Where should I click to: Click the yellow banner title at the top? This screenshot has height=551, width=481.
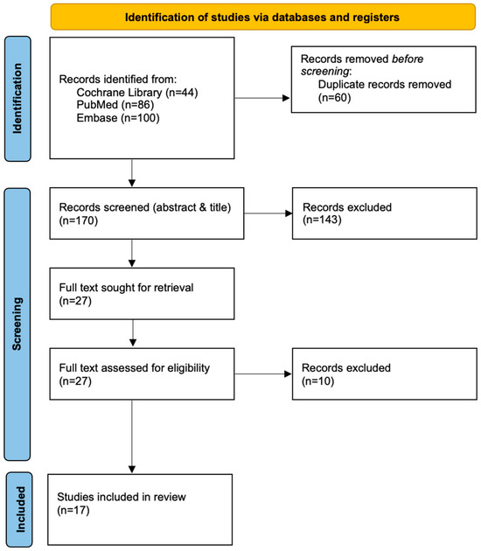[x=262, y=17]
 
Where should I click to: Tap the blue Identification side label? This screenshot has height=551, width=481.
[x=17, y=98]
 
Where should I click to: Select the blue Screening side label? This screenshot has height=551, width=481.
[x=17, y=324]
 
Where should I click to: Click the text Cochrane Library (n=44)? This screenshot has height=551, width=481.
[x=137, y=93]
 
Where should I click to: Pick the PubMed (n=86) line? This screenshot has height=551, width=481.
[x=115, y=105]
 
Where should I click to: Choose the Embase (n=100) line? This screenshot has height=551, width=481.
[x=118, y=118]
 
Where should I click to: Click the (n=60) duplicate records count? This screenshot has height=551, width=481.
[x=334, y=97]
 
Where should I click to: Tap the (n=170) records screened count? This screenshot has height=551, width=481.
[x=79, y=220]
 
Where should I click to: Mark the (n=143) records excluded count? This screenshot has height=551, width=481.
[x=322, y=220]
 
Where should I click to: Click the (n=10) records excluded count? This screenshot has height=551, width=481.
[x=318, y=381]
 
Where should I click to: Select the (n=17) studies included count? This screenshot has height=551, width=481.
[x=73, y=510]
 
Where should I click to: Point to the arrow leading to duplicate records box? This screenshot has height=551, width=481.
[x=262, y=98]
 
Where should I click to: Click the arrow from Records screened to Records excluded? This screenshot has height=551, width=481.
[x=268, y=213]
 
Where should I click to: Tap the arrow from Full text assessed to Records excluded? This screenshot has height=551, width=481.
[x=263, y=374]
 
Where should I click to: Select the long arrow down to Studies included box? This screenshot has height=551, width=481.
[x=132, y=436]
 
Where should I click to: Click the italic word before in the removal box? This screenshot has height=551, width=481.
[x=408, y=59]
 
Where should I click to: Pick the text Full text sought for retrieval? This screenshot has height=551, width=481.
[x=126, y=288]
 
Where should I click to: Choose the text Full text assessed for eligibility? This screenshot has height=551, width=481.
[x=134, y=368]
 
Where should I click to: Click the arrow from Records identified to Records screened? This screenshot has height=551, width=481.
[x=132, y=173]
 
